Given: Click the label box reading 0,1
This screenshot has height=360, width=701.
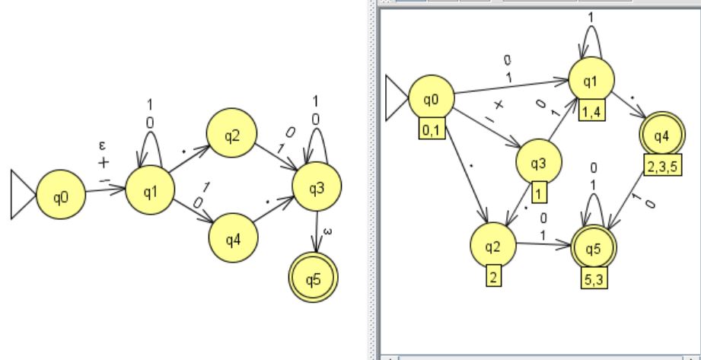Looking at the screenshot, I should [x=430, y=132].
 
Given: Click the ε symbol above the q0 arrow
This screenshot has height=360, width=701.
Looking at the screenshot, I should [x=103, y=145].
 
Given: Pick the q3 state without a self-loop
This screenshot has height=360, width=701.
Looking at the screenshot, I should [x=539, y=162].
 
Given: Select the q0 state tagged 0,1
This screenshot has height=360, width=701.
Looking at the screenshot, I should [x=431, y=98].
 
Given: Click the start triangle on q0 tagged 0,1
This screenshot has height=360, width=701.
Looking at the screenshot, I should [x=397, y=98].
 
